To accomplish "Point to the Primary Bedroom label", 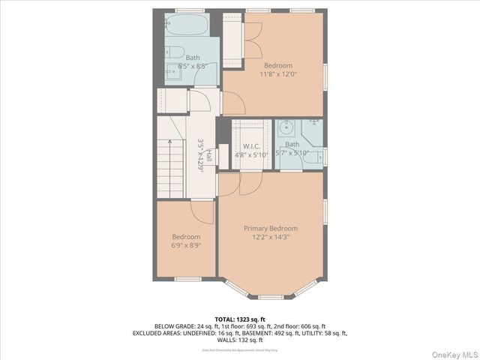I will point(270,228).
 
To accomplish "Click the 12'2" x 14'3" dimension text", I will point(270,237).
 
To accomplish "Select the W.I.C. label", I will point(250,146).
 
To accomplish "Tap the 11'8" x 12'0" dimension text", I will point(278,74).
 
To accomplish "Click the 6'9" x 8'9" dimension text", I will point(186,245).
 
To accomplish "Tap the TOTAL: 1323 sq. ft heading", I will point(239,319).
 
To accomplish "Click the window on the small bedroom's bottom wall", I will point(185,279).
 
